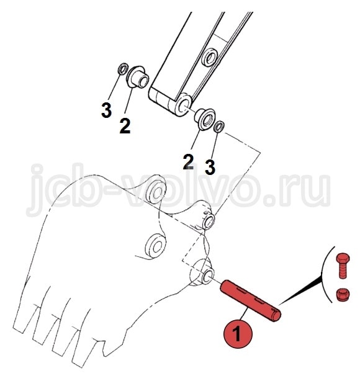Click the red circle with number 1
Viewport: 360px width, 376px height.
click(x=238, y=334)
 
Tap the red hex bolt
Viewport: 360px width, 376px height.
click(x=343, y=266)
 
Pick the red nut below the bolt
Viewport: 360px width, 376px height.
click(x=343, y=294)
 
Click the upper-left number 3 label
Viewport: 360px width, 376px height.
click(x=106, y=110)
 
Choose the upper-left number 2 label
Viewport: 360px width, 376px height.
click(x=125, y=126)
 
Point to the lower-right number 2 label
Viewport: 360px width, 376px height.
click(x=188, y=162)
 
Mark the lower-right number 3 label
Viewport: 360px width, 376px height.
click(x=210, y=167)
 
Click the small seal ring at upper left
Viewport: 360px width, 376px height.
click(x=123, y=69)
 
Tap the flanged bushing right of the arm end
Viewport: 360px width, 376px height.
click(x=205, y=119)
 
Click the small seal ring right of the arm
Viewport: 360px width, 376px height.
click(x=219, y=127)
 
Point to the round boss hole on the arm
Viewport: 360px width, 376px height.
click(x=209, y=57)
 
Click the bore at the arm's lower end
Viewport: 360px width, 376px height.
click(x=184, y=105)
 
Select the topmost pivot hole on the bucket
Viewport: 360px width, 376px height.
click(x=156, y=192)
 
